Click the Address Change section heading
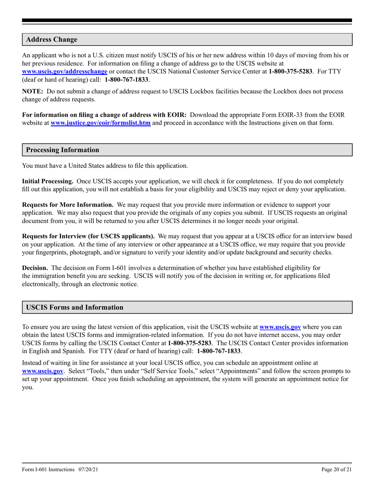(52, 40)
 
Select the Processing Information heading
(63, 150)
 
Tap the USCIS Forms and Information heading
(74, 307)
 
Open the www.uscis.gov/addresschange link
(65, 72)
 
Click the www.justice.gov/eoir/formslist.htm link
(100, 123)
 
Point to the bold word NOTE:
(33, 91)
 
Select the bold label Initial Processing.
(48, 181)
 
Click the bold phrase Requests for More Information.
(68, 205)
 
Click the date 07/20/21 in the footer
(88, 469)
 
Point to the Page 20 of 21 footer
(337, 469)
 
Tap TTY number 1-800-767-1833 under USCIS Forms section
(219, 351)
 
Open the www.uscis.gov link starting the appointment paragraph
(43, 371)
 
